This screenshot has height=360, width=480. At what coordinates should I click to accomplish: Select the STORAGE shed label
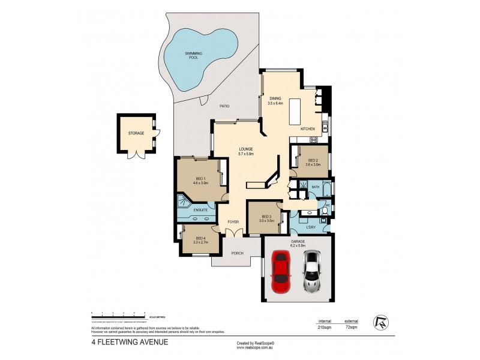136,133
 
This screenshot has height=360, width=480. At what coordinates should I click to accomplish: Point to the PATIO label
224,106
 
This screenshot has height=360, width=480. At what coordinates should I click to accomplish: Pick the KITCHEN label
308,129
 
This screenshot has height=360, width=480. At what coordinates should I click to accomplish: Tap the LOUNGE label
245,149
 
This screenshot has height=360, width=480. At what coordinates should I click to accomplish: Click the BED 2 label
313,160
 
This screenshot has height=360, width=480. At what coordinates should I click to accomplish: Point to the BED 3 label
266,217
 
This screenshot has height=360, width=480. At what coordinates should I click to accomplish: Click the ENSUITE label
201,210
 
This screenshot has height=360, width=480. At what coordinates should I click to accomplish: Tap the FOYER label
233,222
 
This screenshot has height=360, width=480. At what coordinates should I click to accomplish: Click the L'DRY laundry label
311,227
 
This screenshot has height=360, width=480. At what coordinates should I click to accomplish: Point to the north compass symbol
379,322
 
